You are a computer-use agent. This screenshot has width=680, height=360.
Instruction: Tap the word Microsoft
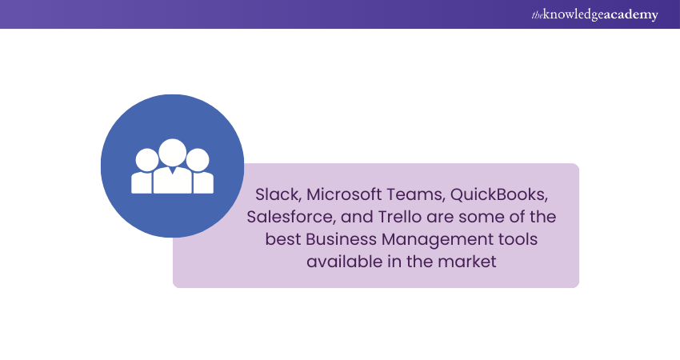[x=343, y=194]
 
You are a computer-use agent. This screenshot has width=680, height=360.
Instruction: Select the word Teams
[x=415, y=194]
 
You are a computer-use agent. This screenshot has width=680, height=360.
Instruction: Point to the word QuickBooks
[x=499, y=194]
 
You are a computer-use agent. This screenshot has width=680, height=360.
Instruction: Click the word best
[x=283, y=239]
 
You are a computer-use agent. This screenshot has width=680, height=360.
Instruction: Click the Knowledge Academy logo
[x=594, y=14]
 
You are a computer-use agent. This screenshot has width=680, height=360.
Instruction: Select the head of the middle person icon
[x=173, y=153]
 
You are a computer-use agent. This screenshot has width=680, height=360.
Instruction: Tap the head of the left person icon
[x=147, y=160]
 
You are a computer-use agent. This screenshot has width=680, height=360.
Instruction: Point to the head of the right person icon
[x=198, y=160]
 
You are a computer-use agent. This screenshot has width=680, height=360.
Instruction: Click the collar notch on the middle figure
[x=173, y=170]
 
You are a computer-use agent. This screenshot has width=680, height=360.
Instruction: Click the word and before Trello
[x=357, y=217]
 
